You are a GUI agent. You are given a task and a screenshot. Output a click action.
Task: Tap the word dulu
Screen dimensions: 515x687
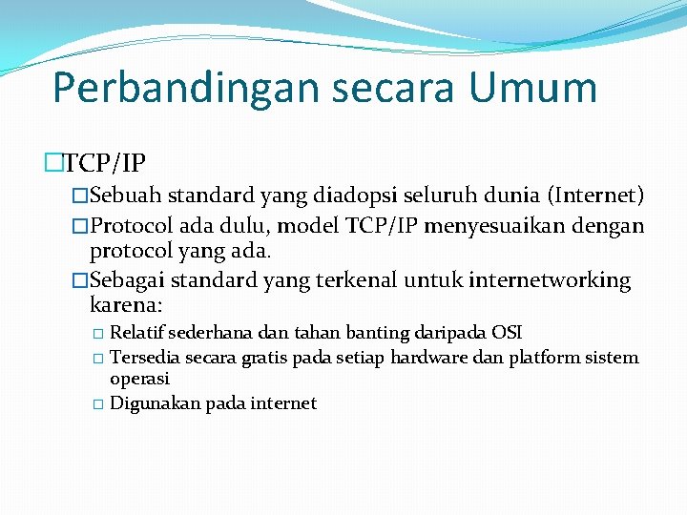pyautogui.click(x=232, y=227)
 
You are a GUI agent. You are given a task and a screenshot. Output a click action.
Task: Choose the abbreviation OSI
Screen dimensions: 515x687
pyautogui.click(x=507, y=333)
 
